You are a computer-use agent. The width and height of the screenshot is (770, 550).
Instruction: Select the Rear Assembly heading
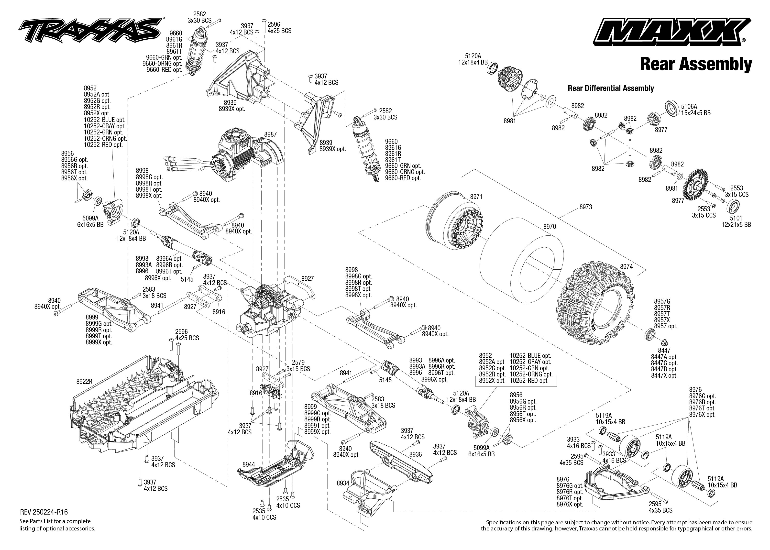(x=696, y=64)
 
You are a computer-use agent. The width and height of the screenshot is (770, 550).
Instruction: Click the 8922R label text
(x=84, y=382)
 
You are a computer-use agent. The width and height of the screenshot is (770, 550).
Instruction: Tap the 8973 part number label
(x=585, y=207)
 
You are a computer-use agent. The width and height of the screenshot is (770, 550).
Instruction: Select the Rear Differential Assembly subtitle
(x=611, y=88)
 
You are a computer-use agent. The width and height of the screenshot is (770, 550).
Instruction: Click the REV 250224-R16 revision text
(x=41, y=512)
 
